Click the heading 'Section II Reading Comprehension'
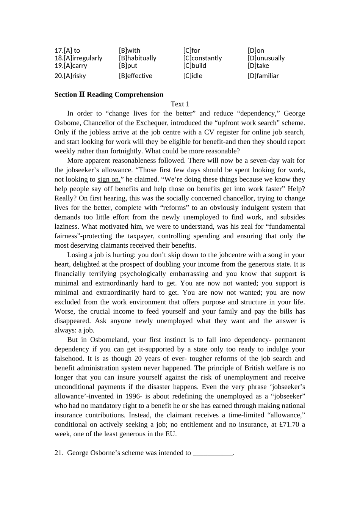(109, 95)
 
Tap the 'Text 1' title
(180, 104)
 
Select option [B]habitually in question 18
(138, 58)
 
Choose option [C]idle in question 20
(193, 76)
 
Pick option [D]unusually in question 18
(266, 58)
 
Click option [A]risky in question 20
(70, 76)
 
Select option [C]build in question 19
(195, 66)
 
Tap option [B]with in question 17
(130, 50)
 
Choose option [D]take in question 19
(258, 66)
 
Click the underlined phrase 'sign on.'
(109, 180)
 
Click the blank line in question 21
(213, 453)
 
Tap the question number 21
(58, 453)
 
